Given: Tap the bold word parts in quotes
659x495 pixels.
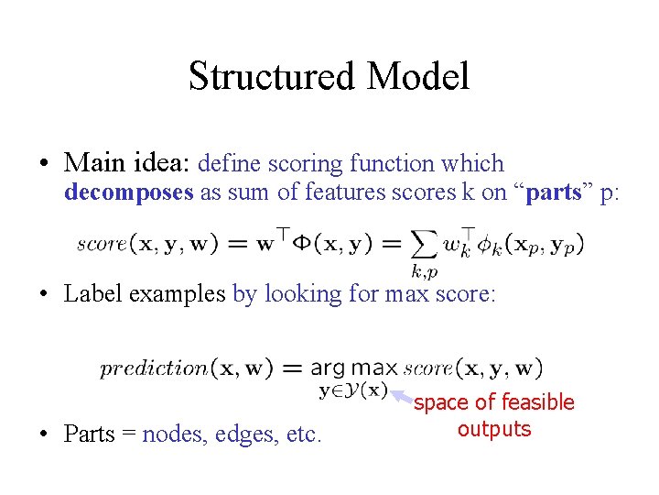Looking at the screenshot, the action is [556, 192].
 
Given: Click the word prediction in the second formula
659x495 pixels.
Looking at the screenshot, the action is [154, 368].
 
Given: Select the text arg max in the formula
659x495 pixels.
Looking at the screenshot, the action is [354, 368].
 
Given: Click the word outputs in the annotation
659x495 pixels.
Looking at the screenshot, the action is [494, 429].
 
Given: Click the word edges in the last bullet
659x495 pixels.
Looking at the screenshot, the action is [246, 434].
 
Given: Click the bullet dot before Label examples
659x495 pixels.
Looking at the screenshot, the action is [44, 294].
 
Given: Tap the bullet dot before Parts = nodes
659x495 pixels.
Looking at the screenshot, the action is [44, 434].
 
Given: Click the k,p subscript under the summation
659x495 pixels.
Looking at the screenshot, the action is [424, 271].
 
